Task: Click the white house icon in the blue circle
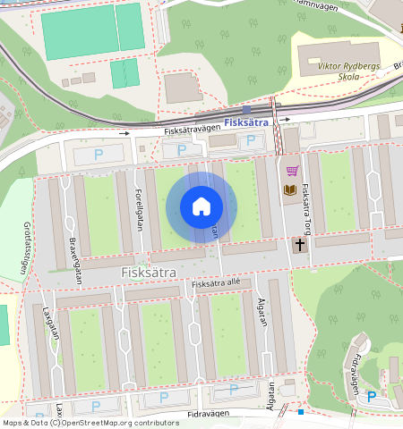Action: tap(201, 206)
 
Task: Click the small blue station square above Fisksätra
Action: tap(246, 109)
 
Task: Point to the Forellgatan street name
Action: tap(140, 208)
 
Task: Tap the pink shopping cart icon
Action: tap(291, 171)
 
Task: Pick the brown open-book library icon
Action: tap(290, 189)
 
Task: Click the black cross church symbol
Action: tap(300, 244)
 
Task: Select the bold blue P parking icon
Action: tap(372, 395)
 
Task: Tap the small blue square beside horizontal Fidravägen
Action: tap(302, 412)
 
